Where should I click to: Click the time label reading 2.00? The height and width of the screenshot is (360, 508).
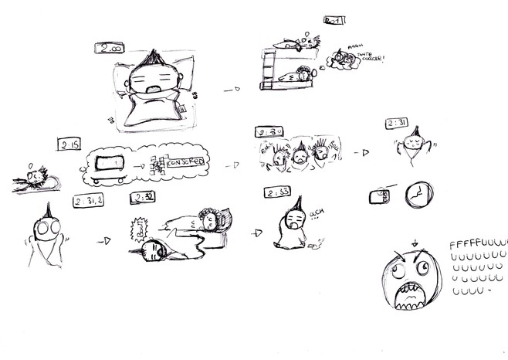(107, 49)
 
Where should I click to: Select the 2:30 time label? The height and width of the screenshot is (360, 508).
(269, 131)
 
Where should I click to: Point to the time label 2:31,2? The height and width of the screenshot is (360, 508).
(89, 202)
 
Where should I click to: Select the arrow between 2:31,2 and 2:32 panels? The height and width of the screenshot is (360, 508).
(102, 242)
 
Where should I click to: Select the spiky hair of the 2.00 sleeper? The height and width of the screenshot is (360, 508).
(150, 57)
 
